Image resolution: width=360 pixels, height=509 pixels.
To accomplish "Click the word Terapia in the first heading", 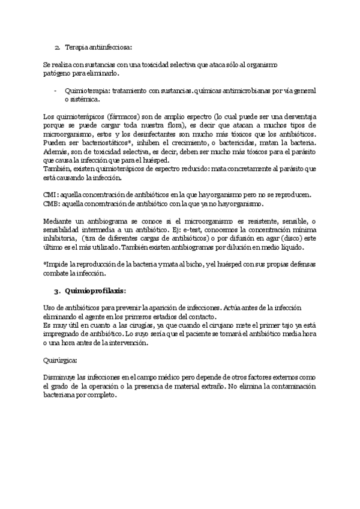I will point(76,46).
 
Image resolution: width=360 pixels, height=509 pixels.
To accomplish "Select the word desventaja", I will point(295,115).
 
